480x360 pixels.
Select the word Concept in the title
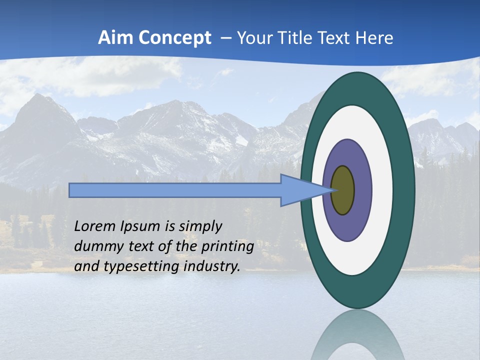[175, 38]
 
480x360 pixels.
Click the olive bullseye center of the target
[342, 190]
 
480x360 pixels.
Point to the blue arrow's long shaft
[175, 190]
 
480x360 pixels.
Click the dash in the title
[224, 38]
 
